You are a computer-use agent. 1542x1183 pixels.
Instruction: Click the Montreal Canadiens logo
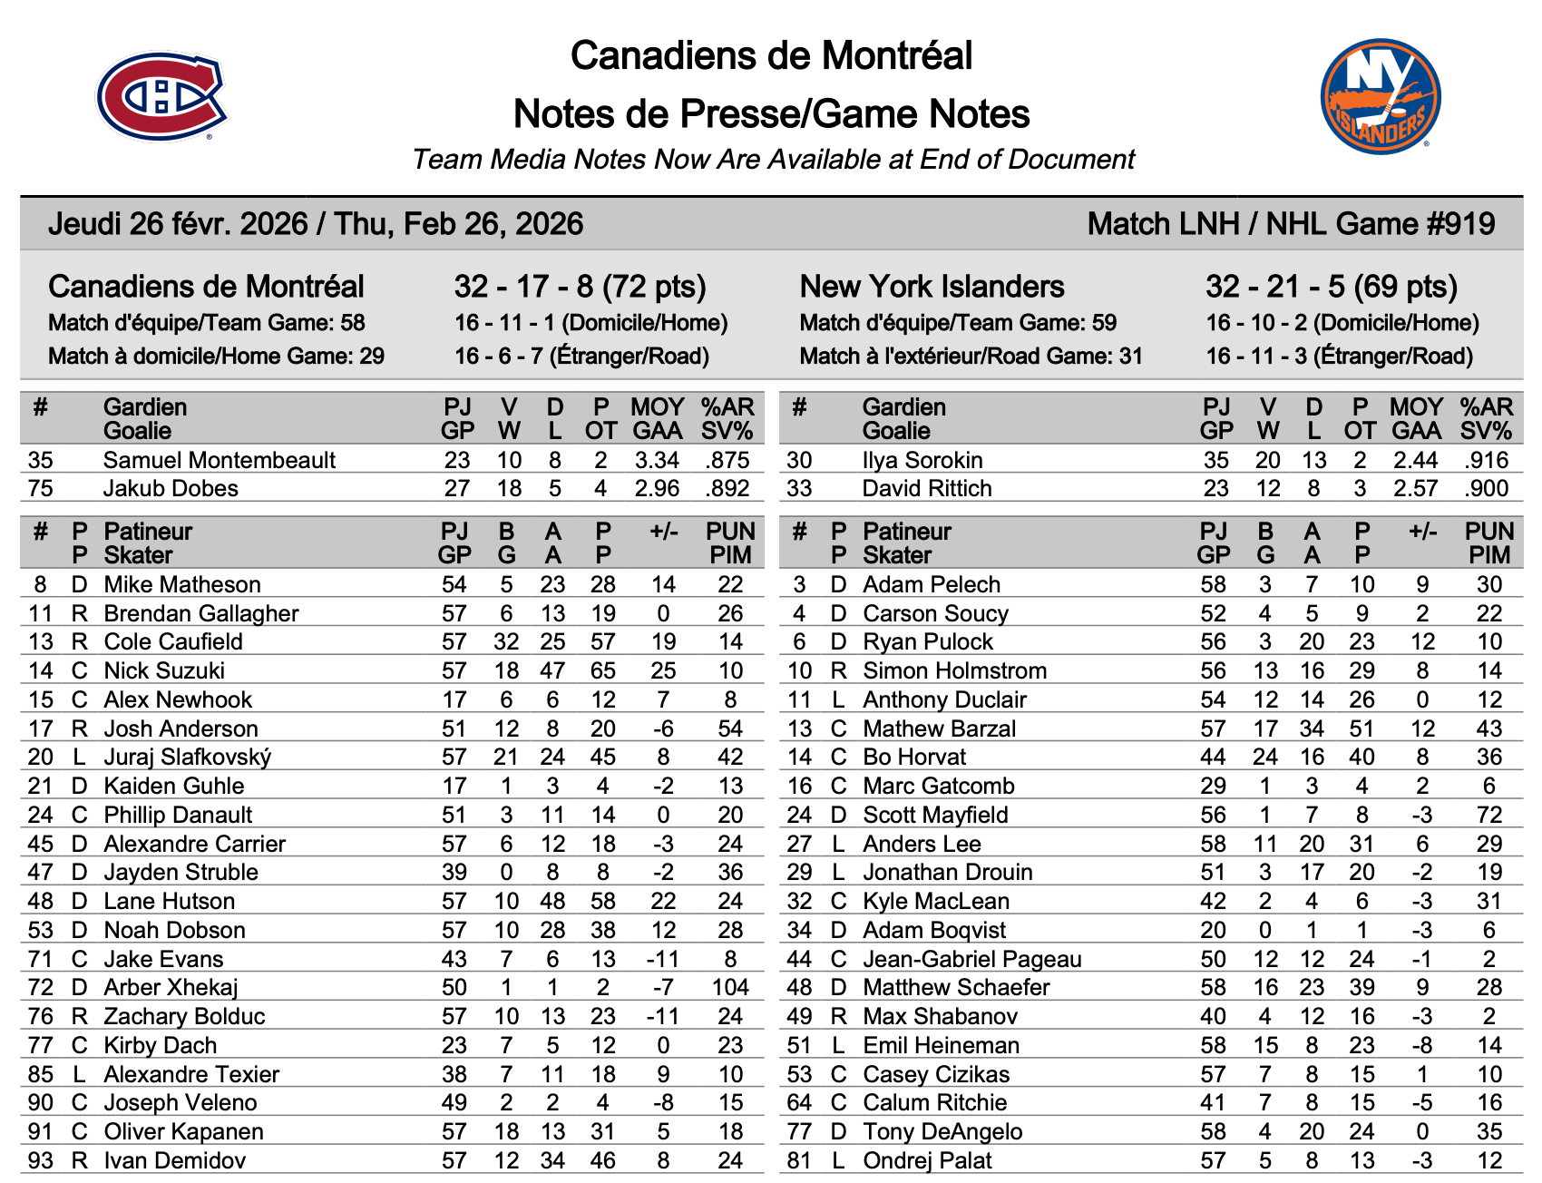[161, 96]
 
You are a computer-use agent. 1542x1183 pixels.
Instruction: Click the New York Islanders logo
[1380, 96]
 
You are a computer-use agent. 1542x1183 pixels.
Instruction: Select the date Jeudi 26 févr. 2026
[178, 224]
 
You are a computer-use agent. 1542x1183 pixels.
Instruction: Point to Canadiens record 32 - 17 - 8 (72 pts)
[580, 287]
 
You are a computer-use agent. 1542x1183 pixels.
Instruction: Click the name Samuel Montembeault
[219, 460]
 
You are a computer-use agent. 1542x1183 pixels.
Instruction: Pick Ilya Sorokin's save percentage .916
[1486, 460]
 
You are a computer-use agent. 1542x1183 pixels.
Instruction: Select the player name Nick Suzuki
[164, 670]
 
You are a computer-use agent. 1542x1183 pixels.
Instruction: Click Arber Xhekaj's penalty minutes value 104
[730, 987]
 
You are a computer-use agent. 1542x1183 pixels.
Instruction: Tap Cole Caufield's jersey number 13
[41, 641]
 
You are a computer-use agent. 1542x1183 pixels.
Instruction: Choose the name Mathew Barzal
[939, 728]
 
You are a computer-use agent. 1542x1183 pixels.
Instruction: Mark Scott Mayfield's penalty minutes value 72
[1488, 815]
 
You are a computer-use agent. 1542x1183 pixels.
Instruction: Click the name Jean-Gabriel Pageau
[971, 959]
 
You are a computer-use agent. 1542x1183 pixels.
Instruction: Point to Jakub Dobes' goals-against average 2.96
[657, 488]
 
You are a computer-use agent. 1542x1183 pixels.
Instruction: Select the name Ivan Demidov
[161, 1160]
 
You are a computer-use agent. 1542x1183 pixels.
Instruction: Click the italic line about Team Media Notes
[773, 160]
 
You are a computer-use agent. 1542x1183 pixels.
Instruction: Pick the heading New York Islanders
[932, 287]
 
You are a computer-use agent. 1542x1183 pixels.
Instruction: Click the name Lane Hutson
[169, 901]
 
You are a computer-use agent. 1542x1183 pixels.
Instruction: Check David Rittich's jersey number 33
[799, 488]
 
